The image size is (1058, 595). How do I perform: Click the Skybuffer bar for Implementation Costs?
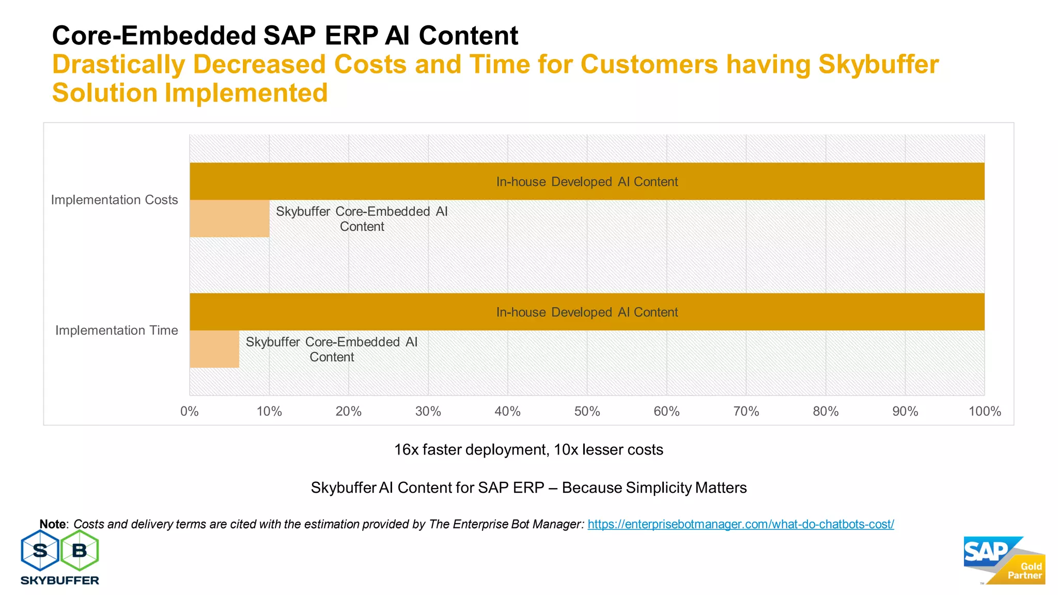coord(229,218)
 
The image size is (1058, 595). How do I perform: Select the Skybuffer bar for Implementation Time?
coord(214,349)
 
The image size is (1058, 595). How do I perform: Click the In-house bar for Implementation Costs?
coord(587,181)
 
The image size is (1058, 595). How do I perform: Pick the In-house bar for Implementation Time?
coord(587,312)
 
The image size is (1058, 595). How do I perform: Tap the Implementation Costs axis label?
coord(114,200)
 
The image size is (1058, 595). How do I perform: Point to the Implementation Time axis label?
coord(116,331)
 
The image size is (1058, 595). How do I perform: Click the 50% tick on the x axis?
coord(587,412)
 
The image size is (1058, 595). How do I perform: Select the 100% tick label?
coord(984,412)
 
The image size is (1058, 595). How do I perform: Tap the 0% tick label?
coord(190,412)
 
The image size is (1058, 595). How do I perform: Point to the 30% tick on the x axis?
coord(428,412)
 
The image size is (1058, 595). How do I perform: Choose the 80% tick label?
coord(826,412)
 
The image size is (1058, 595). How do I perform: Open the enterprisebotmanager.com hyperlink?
coord(740,524)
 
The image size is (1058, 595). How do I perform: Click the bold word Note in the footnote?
coord(53,524)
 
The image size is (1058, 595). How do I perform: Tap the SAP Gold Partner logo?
coord(1004,561)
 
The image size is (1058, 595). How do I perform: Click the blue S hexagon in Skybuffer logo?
coord(40,551)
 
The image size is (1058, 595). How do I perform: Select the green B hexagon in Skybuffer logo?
coord(80,551)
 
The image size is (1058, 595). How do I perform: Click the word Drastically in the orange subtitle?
coord(119,65)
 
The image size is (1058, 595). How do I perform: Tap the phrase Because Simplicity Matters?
coord(654,488)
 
